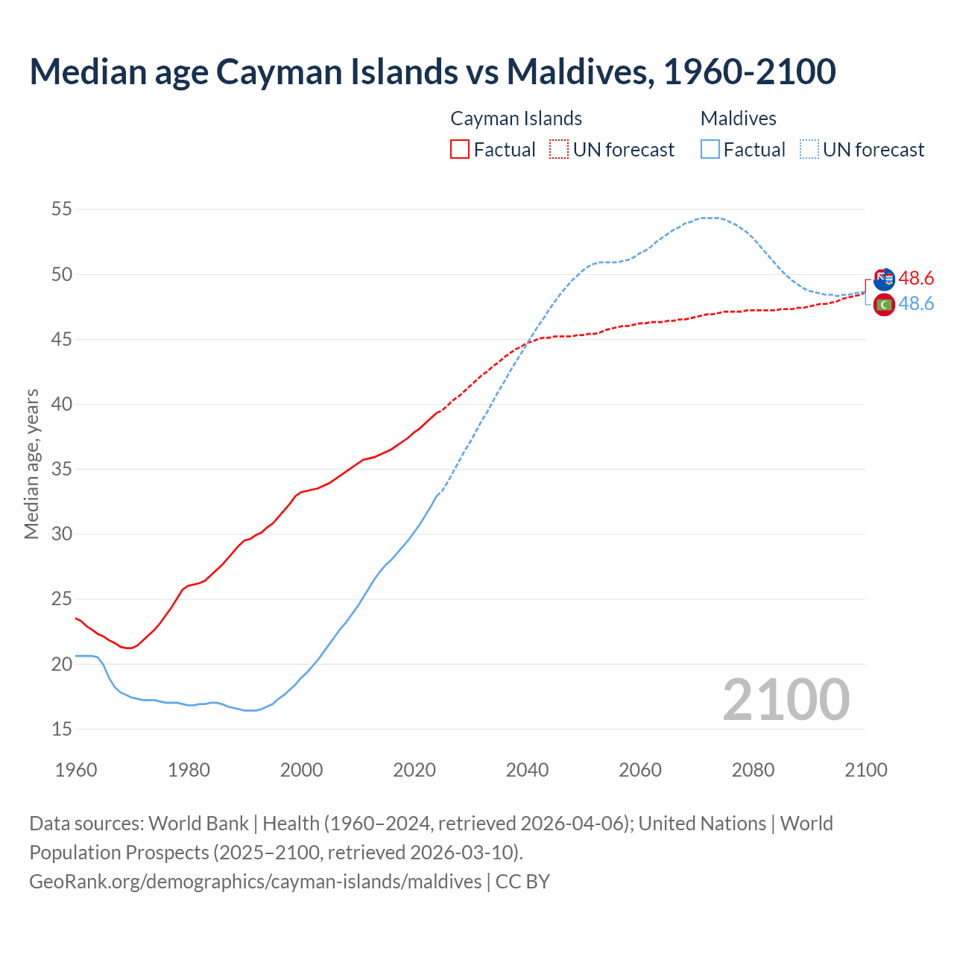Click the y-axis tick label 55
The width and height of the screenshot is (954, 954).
61,209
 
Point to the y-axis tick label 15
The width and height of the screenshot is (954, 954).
61,729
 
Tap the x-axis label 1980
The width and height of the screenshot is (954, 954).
189,770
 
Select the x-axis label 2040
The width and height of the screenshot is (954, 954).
527,770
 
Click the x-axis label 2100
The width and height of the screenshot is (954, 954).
865,770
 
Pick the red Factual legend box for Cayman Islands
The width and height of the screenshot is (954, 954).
460,149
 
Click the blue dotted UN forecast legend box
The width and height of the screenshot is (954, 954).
809,149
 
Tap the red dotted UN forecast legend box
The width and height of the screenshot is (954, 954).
559,149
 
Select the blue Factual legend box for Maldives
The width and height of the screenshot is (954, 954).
710,149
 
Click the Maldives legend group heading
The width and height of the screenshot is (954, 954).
738,119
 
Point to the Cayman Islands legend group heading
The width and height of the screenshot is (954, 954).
516,119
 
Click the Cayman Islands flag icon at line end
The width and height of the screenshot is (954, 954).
883,279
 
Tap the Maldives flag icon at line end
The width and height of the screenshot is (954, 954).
884,304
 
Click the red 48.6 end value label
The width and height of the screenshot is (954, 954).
916,278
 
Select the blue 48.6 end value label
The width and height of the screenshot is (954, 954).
916,303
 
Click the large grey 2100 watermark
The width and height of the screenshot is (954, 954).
786,700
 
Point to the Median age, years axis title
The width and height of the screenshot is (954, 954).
31,464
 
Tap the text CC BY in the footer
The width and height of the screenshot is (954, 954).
522,881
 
